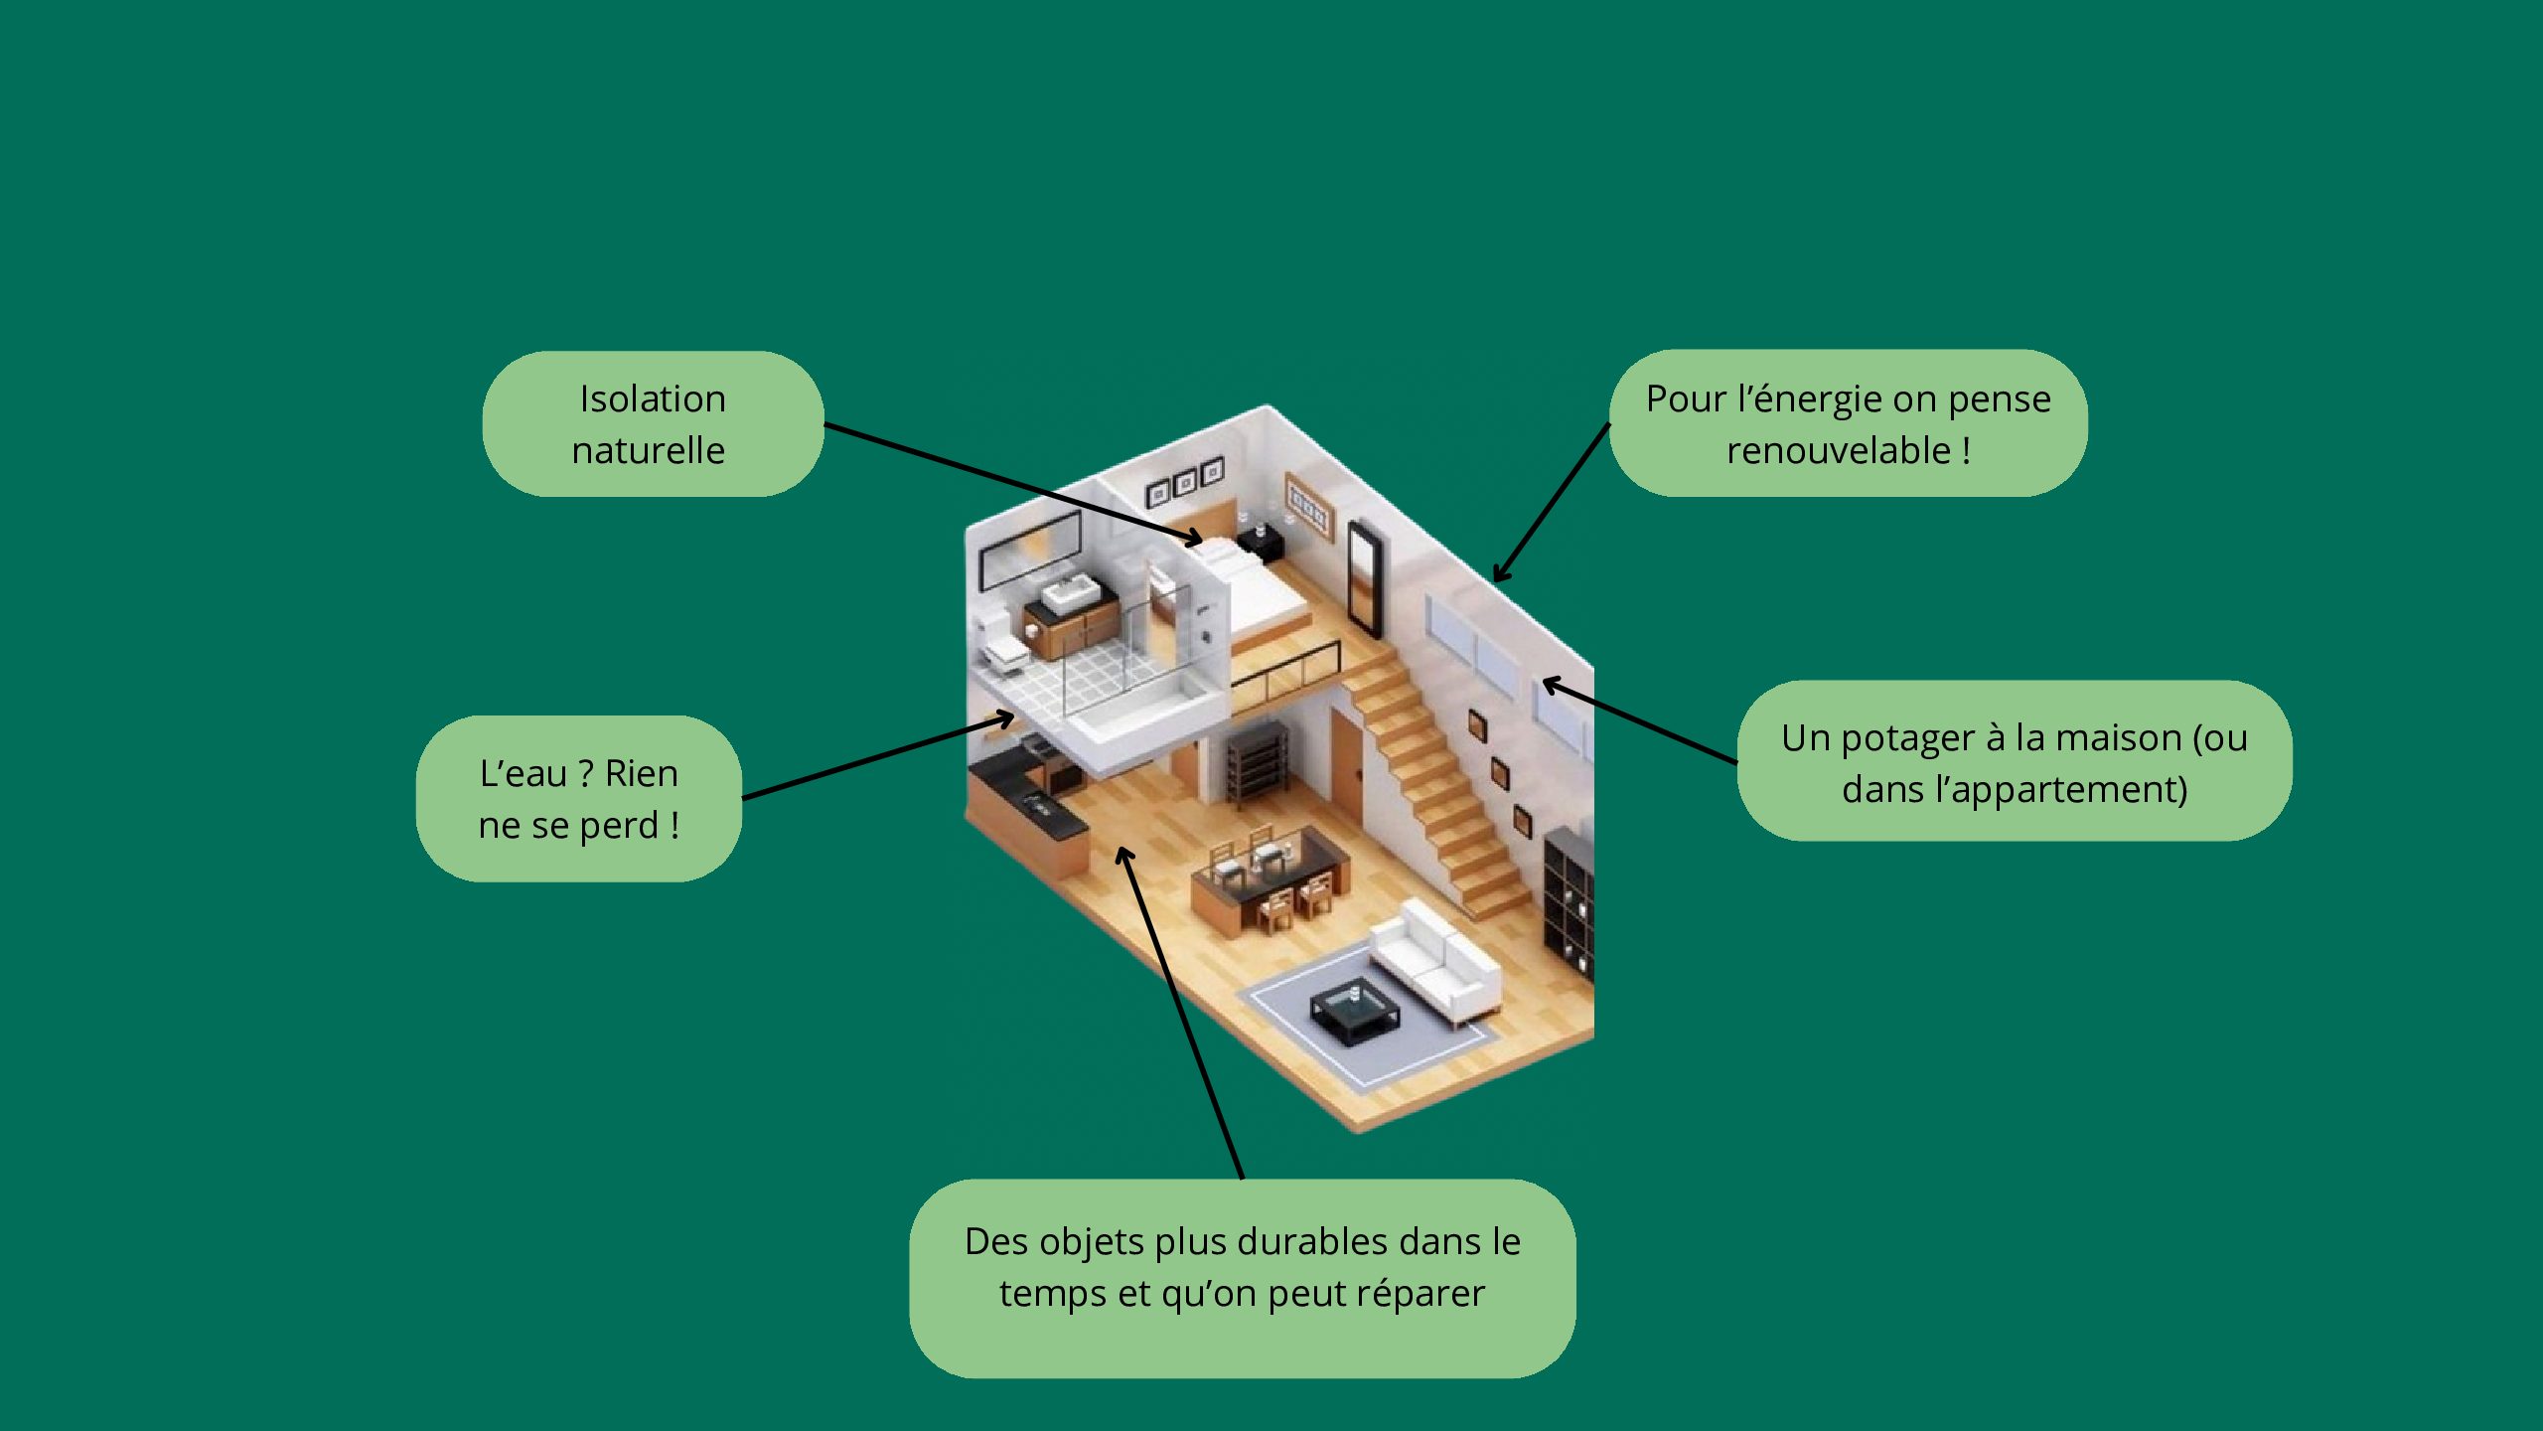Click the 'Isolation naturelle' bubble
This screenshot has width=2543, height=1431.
[652, 423]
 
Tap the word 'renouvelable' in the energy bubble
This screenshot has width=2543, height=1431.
[1838, 451]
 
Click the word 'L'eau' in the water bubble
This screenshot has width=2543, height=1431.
[523, 774]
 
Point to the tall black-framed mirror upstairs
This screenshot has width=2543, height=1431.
[1365, 577]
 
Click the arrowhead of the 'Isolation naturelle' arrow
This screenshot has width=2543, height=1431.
[1197, 541]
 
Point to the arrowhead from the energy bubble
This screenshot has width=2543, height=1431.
[1498, 576]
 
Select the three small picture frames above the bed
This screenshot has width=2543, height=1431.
[1185, 483]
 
